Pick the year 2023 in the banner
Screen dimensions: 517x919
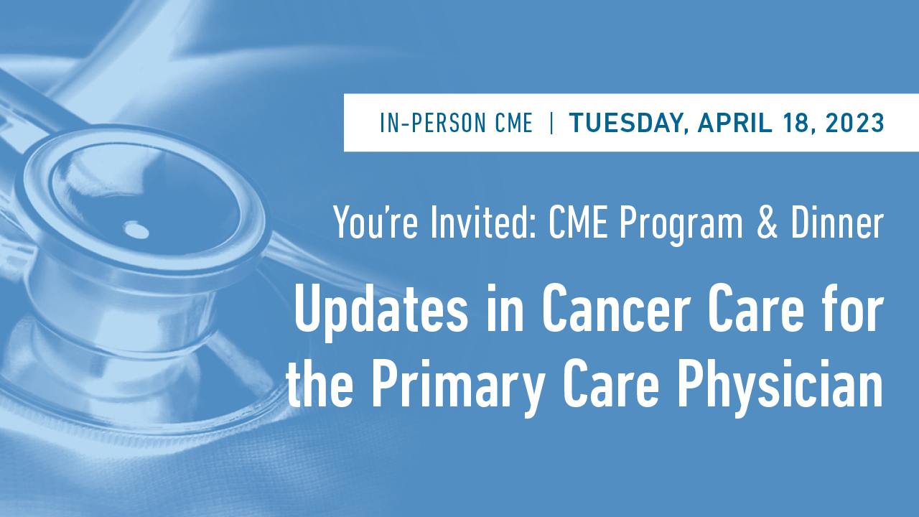pos(854,124)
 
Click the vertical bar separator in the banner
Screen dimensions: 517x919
pos(551,124)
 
